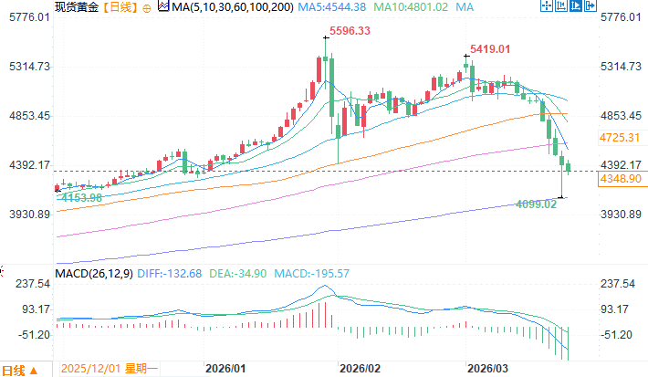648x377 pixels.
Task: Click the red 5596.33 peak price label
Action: coord(350,30)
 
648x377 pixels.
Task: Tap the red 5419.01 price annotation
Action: coord(489,48)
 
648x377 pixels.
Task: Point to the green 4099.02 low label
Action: coord(536,204)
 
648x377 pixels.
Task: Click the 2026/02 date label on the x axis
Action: coord(359,369)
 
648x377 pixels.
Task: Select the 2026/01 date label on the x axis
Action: coord(225,369)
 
